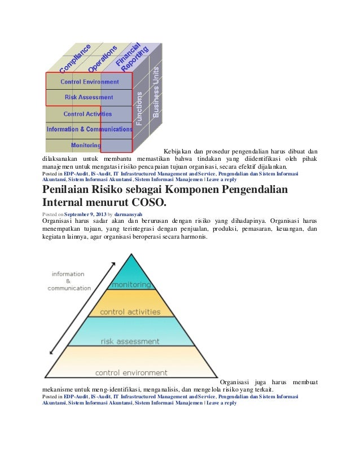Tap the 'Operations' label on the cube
coord(103,58)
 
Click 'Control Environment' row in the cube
coord(90,81)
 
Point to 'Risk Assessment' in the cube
coord(89,97)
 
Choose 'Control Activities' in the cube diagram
coord(87,113)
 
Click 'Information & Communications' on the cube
coord(89,129)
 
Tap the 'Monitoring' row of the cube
coord(86,145)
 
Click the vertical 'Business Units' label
coord(156,93)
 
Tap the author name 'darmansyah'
coord(129,215)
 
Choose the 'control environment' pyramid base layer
coord(131,372)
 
